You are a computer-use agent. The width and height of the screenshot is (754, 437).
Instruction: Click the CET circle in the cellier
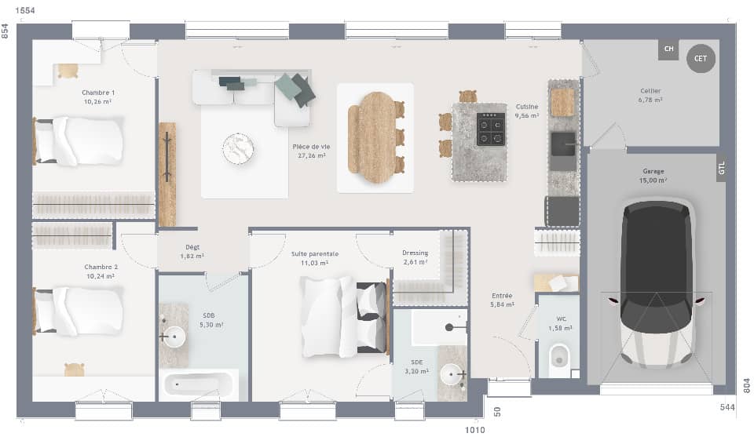pos(701,58)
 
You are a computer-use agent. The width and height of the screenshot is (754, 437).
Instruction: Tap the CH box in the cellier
pos(668,49)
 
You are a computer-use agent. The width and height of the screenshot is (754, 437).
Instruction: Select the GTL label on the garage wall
pos(721,168)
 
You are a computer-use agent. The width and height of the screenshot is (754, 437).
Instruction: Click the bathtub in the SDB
pos(197,384)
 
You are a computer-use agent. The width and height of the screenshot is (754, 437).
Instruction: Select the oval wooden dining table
pos(375,137)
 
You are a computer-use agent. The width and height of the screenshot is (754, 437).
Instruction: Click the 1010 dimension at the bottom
pos(475,429)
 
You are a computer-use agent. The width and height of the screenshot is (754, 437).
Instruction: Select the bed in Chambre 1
pos(79,141)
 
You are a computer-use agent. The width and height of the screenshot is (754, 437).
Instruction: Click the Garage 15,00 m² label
pos(653,175)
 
